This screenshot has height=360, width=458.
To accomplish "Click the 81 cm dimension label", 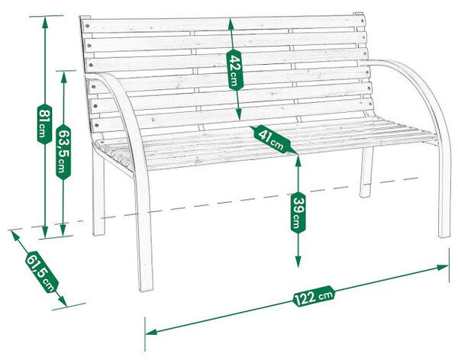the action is point(45,124).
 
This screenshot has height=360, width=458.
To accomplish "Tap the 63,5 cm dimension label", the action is point(63,152).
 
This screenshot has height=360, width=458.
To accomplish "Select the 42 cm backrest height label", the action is point(234,69).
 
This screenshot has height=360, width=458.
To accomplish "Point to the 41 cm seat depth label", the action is point(271,138).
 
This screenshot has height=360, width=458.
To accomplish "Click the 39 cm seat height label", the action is point(298,213).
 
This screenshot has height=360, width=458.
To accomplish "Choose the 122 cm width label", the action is point(314,296).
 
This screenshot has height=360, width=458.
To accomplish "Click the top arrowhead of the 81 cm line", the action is point(45,22).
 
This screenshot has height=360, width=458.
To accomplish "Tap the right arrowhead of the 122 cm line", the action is point(443,267).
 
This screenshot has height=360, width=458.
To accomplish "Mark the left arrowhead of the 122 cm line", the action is point(151,332).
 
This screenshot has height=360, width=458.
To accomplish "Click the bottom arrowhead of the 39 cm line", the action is point(298,262).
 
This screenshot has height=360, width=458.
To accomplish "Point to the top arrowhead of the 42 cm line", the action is point(231,24).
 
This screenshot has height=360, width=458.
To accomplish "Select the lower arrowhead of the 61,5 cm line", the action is point(63,301).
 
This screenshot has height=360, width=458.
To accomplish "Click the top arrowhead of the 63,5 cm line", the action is point(63,77).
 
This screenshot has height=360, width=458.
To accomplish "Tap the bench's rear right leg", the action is point(366,172).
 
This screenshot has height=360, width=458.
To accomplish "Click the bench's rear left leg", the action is point(98,193).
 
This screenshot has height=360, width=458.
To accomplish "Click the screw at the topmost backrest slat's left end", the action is point(87,26).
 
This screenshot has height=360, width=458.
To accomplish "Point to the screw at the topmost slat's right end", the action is point(362,21).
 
